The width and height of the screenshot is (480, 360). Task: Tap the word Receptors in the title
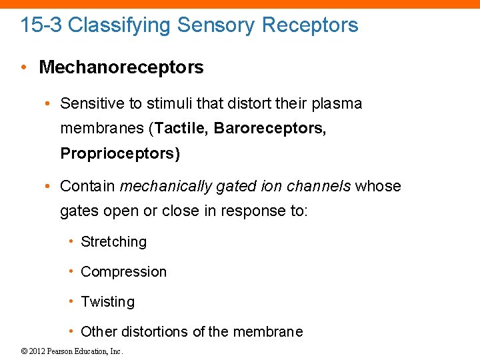[310, 25]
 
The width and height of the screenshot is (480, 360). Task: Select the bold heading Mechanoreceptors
[121, 67]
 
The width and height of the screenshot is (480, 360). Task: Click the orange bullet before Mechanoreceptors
[24, 67]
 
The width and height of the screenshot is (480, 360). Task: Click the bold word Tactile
[181, 129]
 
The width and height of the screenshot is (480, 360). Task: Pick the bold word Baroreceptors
[270, 129]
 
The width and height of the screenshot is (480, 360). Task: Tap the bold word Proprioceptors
[120, 153]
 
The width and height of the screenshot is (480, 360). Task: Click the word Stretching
[113, 242]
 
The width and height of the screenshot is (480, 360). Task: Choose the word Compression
[123, 272]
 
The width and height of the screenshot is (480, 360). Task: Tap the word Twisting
[107, 302]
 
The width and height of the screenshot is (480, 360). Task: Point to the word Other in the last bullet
[96, 332]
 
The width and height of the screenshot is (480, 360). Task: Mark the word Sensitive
[88, 104]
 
